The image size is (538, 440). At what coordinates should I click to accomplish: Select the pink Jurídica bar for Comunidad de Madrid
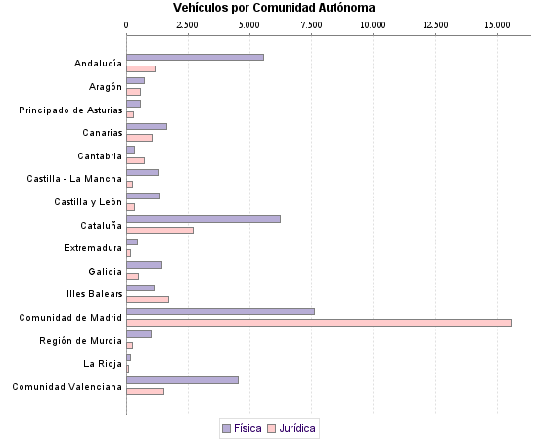(318, 322)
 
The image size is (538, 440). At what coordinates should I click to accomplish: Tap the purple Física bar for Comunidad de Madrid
(220, 311)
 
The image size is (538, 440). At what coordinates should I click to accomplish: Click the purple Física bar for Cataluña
(203, 218)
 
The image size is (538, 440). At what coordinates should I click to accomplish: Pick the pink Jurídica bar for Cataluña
(159, 230)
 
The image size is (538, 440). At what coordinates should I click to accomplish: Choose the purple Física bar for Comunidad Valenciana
(182, 379)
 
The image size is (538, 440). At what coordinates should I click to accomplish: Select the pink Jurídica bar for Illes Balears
(148, 299)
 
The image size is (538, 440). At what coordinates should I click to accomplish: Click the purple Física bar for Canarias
(147, 126)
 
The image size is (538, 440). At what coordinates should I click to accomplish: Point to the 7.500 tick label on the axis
(311, 23)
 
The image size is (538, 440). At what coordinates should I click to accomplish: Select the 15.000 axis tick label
(496, 23)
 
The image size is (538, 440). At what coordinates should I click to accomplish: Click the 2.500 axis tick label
(188, 23)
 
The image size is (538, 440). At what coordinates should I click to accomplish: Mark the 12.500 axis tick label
(434, 23)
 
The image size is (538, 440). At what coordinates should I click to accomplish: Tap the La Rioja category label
(103, 363)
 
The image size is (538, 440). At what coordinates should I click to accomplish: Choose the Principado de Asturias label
(70, 110)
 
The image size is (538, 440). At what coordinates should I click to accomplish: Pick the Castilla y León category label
(88, 201)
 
